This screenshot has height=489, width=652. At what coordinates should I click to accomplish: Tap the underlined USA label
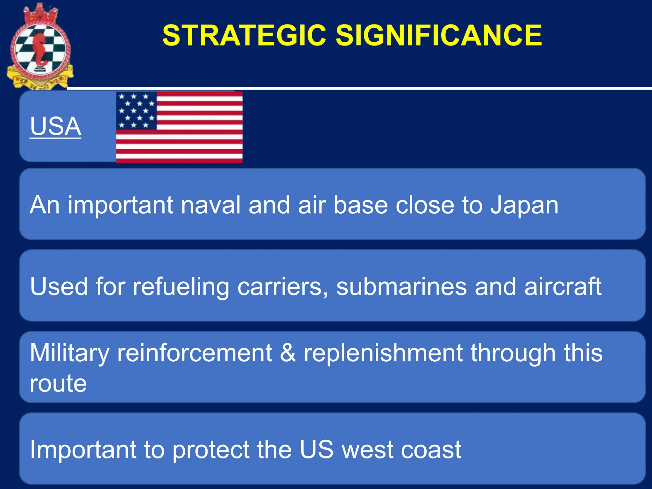coord(55,126)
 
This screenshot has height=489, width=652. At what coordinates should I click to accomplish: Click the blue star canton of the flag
coord(136,110)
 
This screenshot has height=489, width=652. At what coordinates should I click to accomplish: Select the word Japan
coord(524,205)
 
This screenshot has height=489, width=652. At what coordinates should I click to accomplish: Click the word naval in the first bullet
coord(210,205)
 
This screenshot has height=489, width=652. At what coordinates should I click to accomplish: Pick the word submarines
coord(401,287)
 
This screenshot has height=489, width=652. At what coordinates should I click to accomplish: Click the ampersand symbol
coord(288,353)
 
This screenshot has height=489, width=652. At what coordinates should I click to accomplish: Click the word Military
coord(69,354)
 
